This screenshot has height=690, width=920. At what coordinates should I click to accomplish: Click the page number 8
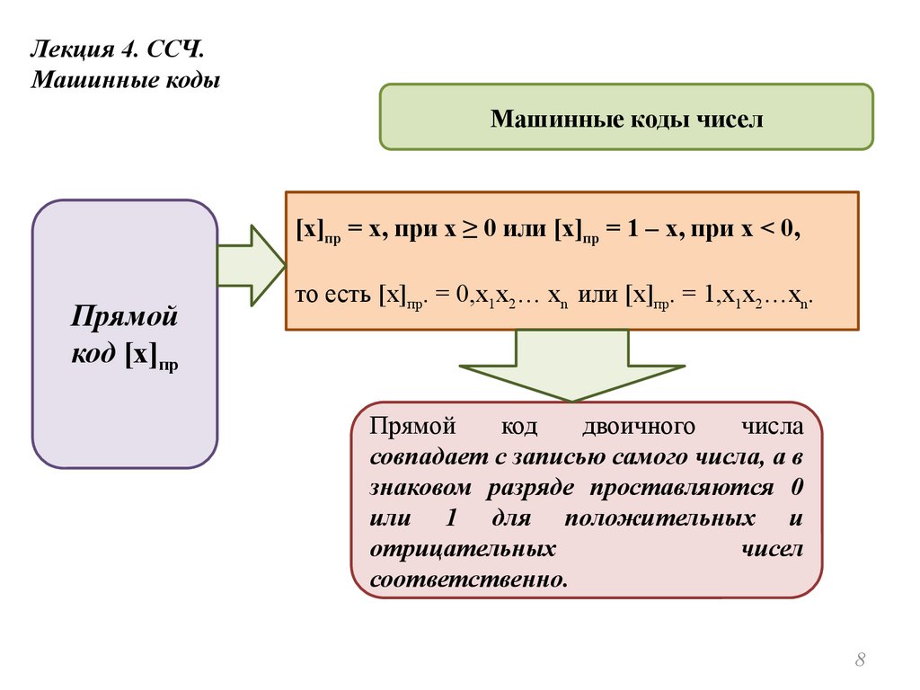click(860, 662)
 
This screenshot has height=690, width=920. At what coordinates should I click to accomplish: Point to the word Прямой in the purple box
click(125, 317)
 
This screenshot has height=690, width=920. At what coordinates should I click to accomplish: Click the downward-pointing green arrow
click(571, 364)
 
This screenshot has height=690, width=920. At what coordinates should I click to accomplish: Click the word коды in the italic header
click(190, 81)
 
